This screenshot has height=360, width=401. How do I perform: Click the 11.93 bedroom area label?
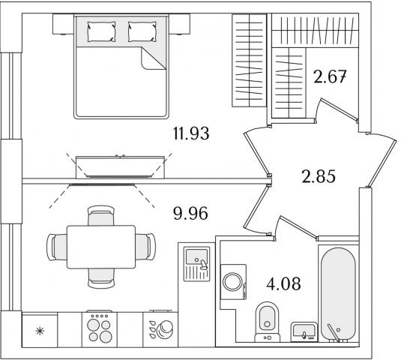(191, 133)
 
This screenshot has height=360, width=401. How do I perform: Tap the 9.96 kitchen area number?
(190, 214)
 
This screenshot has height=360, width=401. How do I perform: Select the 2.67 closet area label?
(330, 76)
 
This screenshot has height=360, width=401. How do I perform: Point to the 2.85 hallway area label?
(319, 176)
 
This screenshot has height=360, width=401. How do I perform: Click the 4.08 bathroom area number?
(283, 283)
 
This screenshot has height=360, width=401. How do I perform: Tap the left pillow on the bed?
(101, 31)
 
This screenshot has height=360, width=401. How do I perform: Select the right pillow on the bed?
(142, 31)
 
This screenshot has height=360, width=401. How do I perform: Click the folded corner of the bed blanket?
(152, 58)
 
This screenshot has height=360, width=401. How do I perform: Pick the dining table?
(101, 247)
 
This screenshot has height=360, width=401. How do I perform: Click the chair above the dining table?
(101, 215)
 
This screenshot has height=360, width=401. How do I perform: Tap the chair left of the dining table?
(57, 247)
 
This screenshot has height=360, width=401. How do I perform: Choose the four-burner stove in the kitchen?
(99, 329)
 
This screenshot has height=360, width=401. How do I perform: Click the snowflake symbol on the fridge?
(40, 331)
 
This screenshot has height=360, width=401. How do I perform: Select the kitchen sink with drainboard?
(196, 264)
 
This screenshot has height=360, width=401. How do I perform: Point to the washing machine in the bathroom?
(233, 282)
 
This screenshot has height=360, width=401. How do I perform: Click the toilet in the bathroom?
(268, 322)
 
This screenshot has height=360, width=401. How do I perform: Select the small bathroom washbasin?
(304, 331)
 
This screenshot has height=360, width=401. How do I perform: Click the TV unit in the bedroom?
(120, 166)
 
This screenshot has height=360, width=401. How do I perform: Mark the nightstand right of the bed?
(180, 24)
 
